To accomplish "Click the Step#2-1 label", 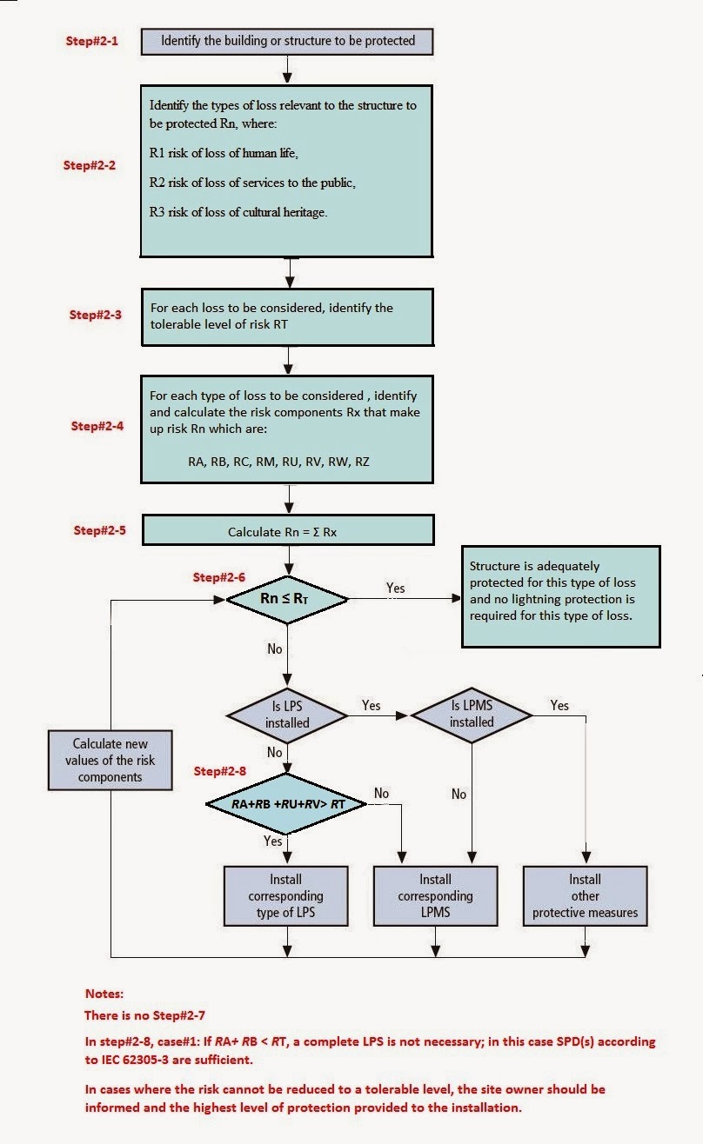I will (x=92, y=41).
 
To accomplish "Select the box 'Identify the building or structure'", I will (x=286, y=40).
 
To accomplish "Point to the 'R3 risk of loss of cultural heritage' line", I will (x=238, y=212).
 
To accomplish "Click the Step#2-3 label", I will (x=96, y=315).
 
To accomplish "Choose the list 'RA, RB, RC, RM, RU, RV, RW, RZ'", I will (x=278, y=462).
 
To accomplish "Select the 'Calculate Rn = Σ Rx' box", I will (x=286, y=531).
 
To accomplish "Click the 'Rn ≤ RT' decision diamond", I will (x=287, y=598).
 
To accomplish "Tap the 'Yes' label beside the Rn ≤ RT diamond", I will (x=395, y=589).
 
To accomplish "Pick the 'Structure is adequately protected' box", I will (x=560, y=596).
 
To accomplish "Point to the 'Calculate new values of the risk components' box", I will (x=110, y=760).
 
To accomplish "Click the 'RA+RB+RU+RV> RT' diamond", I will (x=287, y=804).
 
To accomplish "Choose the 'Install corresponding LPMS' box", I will (x=435, y=895).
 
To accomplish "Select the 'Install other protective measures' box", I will (x=585, y=895).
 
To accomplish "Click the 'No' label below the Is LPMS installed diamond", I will (x=459, y=794).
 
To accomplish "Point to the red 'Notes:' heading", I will (x=104, y=993).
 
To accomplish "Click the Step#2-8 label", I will (x=221, y=771).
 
